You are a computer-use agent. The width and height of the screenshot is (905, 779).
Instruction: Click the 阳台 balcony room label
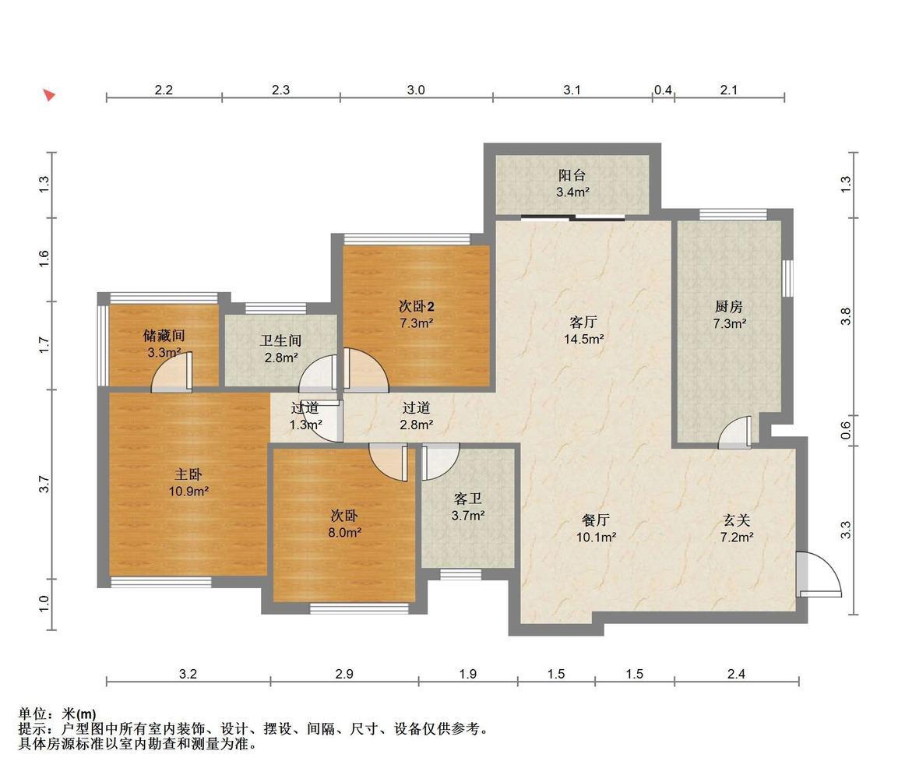(x=572, y=175)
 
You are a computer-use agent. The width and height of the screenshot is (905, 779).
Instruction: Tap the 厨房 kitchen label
(x=729, y=306)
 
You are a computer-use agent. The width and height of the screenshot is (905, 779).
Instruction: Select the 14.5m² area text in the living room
(x=583, y=339)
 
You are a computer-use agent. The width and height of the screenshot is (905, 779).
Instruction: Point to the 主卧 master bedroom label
(x=188, y=474)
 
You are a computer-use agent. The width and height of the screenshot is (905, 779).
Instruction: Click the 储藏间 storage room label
(x=164, y=335)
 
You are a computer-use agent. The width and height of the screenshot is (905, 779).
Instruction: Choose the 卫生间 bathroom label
(x=280, y=340)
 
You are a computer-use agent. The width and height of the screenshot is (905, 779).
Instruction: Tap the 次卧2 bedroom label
(x=416, y=306)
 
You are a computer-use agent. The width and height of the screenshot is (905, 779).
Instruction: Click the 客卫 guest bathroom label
(x=467, y=499)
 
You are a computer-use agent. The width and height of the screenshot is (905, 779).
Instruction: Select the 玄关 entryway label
(x=737, y=521)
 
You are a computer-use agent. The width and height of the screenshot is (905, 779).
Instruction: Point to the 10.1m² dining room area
(x=596, y=538)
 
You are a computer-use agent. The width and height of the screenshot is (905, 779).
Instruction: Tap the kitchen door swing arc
(x=734, y=432)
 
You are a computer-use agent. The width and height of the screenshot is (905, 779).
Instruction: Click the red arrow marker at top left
(x=50, y=95)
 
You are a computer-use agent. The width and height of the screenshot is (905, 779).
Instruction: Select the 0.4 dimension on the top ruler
(x=663, y=90)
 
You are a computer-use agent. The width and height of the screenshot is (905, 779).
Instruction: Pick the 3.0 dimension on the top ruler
(x=416, y=90)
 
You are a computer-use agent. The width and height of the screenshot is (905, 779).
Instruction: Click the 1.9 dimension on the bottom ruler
(x=467, y=674)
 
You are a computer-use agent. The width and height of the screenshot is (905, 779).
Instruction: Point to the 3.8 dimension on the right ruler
(x=846, y=316)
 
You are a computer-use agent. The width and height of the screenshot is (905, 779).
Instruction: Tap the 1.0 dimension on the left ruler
(x=44, y=604)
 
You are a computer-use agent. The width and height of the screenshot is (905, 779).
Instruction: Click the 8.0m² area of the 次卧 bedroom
(x=344, y=532)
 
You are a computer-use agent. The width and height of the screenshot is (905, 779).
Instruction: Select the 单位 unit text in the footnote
(x=32, y=714)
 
